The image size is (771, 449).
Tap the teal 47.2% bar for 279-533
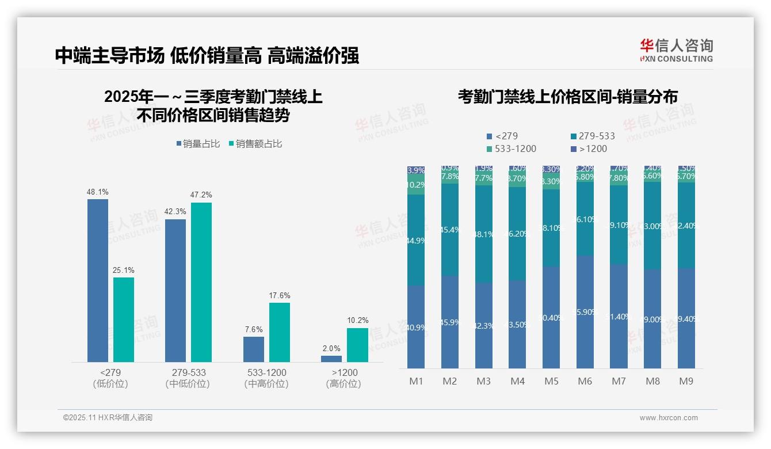point(201,282)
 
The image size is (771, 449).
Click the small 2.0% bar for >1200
point(331,359)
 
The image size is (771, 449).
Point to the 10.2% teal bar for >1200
point(357,345)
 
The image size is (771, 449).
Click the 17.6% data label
point(280,296)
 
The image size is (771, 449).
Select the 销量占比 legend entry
point(198,144)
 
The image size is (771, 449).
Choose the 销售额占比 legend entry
point(255,144)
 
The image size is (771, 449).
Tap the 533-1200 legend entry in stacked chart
point(512,149)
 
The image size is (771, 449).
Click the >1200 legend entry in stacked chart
point(590,149)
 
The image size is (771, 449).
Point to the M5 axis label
point(551,381)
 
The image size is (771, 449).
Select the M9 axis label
point(686,381)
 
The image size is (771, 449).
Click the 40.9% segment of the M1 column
point(416,327)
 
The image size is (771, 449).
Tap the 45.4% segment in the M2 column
point(450,230)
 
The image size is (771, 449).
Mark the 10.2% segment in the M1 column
point(416,185)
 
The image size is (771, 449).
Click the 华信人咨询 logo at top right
point(676,50)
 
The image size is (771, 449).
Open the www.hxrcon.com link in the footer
point(669,418)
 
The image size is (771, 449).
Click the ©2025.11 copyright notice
point(108,418)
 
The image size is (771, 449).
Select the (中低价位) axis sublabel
point(188,384)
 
